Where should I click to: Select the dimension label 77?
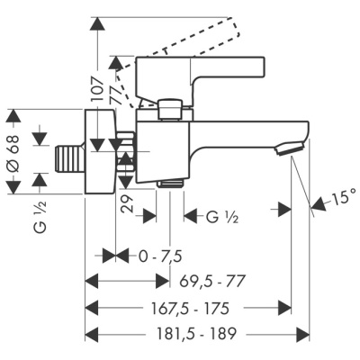tap(116, 92)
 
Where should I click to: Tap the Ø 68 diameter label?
tap(12, 154)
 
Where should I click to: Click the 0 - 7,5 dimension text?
tap(159, 256)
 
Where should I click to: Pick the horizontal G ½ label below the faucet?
tap(224, 217)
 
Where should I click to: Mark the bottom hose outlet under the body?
tap(169, 183)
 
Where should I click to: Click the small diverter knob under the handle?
tap(169, 109)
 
